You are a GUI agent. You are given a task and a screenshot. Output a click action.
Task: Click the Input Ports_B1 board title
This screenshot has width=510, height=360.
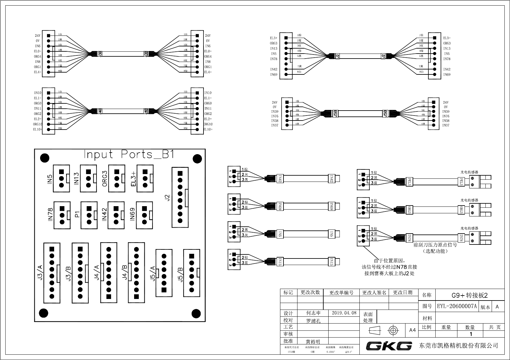click(x=129, y=154)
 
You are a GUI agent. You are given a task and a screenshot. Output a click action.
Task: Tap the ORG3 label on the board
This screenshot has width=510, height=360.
click(x=105, y=178)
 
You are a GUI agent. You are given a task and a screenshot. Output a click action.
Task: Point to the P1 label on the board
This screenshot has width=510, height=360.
click(x=77, y=214)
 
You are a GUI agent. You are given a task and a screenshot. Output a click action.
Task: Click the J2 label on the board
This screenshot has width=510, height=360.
click(x=167, y=197)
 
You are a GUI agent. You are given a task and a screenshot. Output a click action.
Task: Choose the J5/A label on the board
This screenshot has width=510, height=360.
click(x=152, y=273)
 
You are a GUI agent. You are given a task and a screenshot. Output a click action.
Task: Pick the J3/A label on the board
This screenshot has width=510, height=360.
click(x=40, y=272)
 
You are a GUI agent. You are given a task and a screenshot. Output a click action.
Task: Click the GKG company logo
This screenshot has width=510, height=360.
click(x=389, y=345)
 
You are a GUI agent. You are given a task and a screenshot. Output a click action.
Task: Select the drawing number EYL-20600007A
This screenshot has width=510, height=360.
click(x=457, y=306)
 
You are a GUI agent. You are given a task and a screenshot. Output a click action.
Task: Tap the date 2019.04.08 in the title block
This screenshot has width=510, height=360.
click(x=344, y=313)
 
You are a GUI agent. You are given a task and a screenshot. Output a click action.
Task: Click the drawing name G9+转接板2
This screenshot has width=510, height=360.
click(x=470, y=295)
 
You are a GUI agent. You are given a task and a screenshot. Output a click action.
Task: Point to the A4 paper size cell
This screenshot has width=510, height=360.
click(x=412, y=330)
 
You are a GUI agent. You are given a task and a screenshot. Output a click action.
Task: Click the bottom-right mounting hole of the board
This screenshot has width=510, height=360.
click(x=196, y=313)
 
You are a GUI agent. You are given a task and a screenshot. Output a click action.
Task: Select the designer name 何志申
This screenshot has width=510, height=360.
click(x=313, y=313)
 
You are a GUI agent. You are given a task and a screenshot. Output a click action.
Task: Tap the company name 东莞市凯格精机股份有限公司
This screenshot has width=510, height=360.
click(x=459, y=345)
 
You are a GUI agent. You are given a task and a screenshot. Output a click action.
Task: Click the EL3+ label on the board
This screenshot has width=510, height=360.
click(x=133, y=178)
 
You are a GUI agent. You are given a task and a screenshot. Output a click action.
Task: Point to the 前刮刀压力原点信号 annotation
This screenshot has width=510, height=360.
click(x=435, y=245)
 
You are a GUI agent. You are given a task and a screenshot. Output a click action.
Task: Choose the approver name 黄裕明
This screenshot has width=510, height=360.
click(x=313, y=341)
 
